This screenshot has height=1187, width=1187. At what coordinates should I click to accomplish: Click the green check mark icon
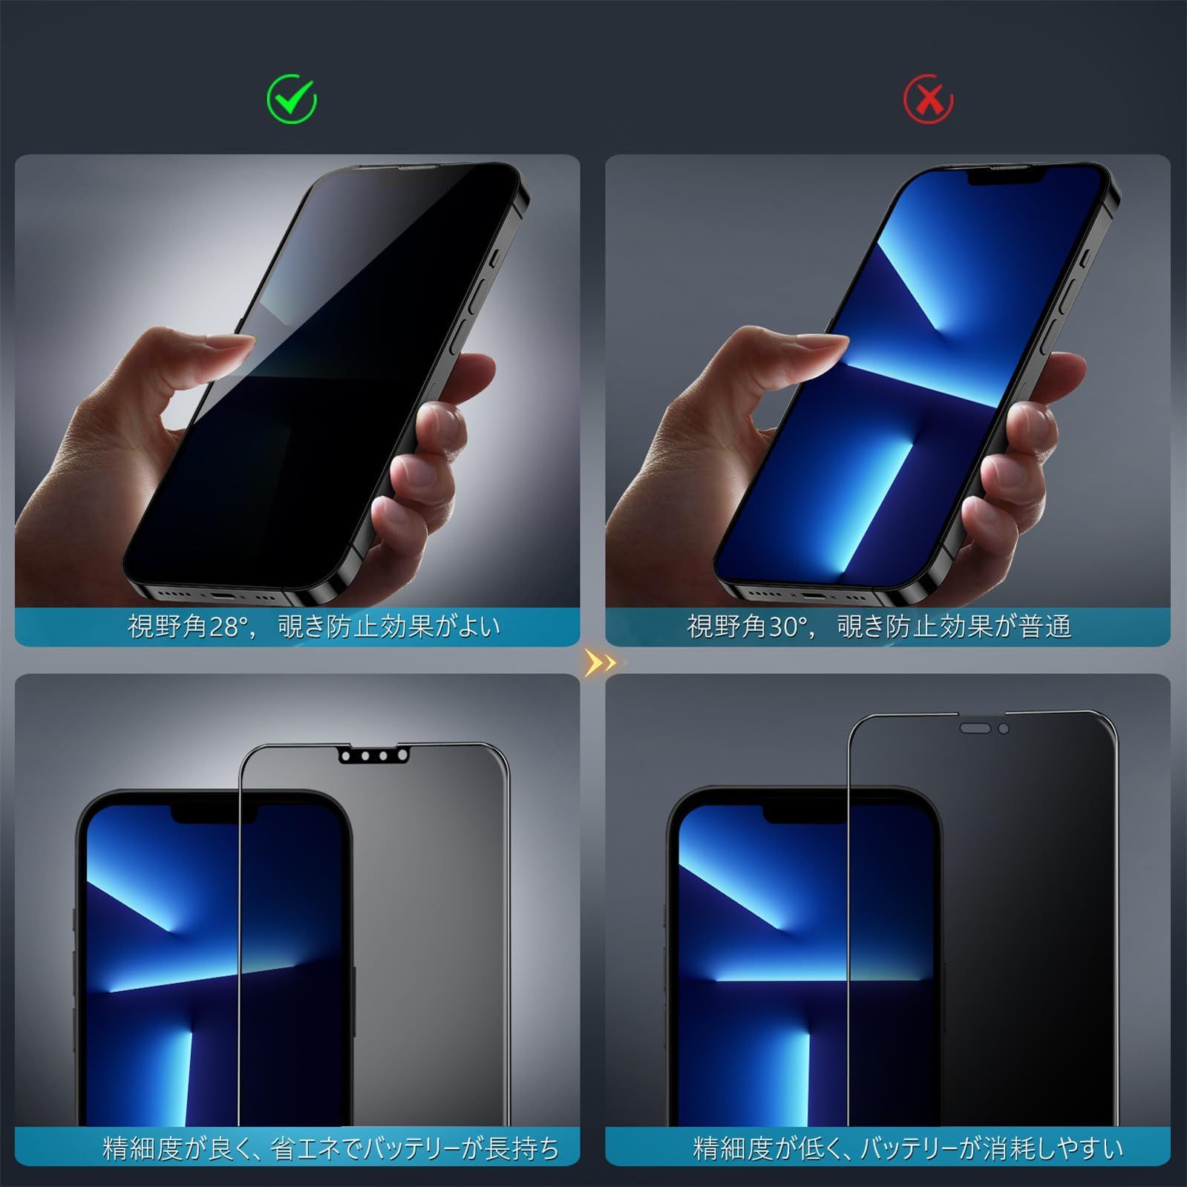click(292, 99)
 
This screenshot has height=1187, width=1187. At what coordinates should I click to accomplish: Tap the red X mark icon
click(928, 99)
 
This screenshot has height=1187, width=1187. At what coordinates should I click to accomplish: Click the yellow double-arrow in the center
click(600, 662)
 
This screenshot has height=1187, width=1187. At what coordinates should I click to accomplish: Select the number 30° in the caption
click(788, 627)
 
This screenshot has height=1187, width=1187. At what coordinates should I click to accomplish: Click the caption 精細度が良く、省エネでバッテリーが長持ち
click(331, 1148)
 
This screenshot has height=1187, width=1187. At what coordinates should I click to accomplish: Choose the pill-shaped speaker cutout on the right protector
click(975, 729)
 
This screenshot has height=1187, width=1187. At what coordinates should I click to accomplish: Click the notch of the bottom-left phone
click(215, 814)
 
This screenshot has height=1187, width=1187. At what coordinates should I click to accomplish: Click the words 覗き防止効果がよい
click(390, 627)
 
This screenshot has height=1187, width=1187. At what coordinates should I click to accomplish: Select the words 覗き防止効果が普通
click(955, 627)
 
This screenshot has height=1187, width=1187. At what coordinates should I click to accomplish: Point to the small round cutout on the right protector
click(1004, 729)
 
